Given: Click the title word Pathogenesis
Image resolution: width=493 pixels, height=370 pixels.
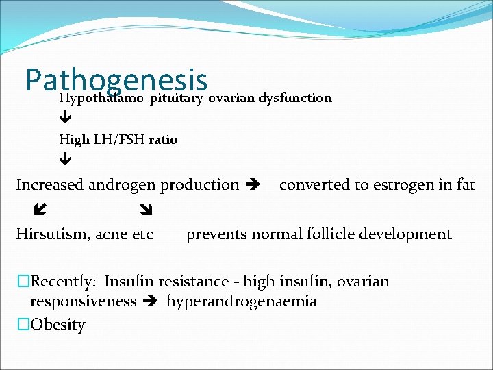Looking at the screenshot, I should [116, 80].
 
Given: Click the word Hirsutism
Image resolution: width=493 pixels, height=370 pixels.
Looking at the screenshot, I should [49, 234].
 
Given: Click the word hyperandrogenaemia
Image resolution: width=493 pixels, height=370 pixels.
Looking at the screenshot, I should [242, 302].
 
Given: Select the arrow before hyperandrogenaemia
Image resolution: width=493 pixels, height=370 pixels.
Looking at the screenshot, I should [151, 302].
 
